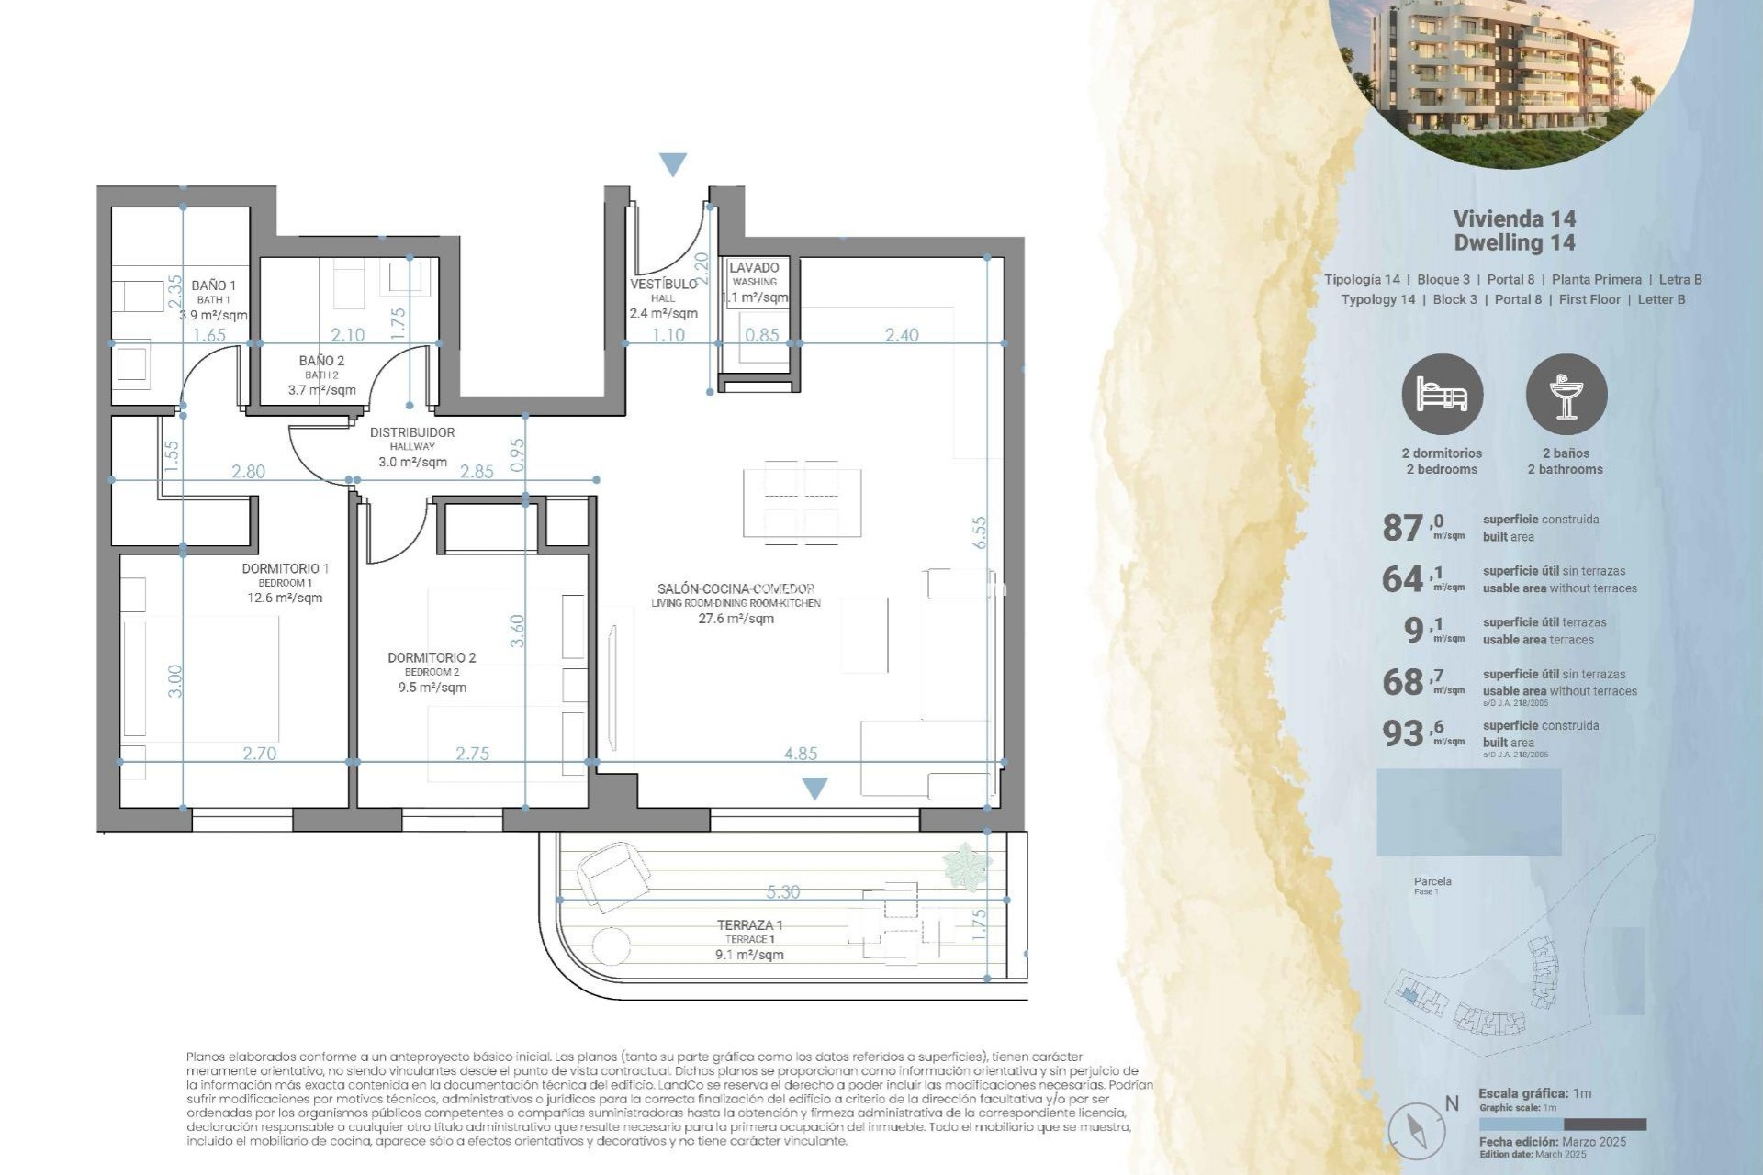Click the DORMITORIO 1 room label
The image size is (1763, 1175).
[x=285, y=569]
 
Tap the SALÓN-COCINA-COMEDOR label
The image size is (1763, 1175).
[x=736, y=589]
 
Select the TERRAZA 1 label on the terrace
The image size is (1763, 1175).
[x=749, y=925]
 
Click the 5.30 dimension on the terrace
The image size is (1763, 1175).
[x=782, y=891]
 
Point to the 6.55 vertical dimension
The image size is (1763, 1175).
[x=980, y=532]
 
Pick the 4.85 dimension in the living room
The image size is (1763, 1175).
[x=800, y=754]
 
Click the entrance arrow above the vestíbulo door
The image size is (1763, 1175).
[x=673, y=165]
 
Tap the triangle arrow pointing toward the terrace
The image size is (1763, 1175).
[x=814, y=788]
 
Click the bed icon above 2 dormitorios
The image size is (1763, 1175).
[x=1442, y=394]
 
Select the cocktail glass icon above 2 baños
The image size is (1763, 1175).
[x=1566, y=394]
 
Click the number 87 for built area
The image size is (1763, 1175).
[x=1402, y=528]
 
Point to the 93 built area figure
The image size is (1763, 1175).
[x=1402, y=733]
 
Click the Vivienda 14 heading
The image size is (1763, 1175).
[x=1514, y=218]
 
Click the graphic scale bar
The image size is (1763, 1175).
[x=1562, y=1125]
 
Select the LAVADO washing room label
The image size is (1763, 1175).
[x=754, y=268]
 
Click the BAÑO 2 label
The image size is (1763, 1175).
[x=321, y=361]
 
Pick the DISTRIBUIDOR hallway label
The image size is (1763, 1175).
[x=412, y=432]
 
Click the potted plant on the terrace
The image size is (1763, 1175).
[x=966, y=866]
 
